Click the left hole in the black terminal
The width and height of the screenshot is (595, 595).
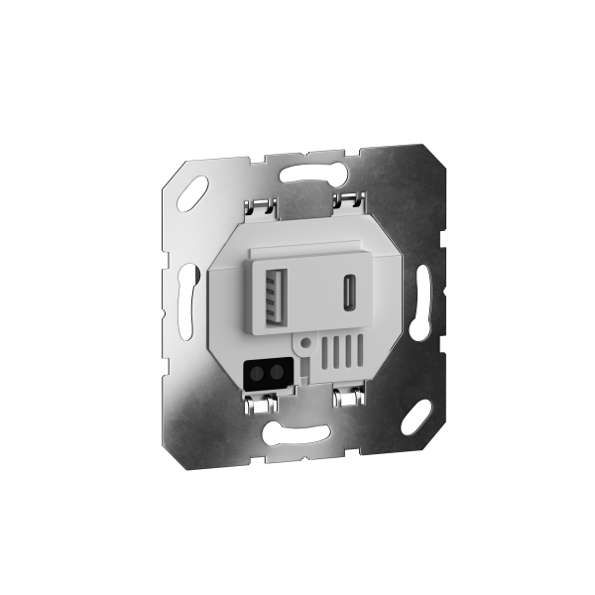pyautogui.click(x=260, y=374)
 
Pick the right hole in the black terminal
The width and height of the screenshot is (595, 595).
pyautogui.click(x=274, y=375)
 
